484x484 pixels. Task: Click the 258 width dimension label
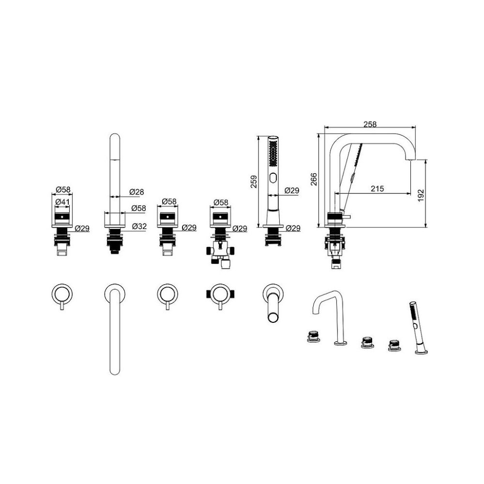(x=370, y=124)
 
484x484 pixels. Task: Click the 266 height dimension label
(x=314, y=180)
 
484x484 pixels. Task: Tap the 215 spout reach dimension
(x=377, y=188)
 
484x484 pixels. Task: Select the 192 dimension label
(x=421, y=196)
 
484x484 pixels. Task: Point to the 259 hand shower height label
(x=254, y=181)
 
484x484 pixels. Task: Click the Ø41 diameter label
(x=62, y=202)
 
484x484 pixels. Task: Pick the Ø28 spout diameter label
(x=136, y=192)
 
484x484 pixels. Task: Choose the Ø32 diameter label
(x=139, y=226)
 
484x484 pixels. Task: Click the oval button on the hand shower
(x=273, y=178)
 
